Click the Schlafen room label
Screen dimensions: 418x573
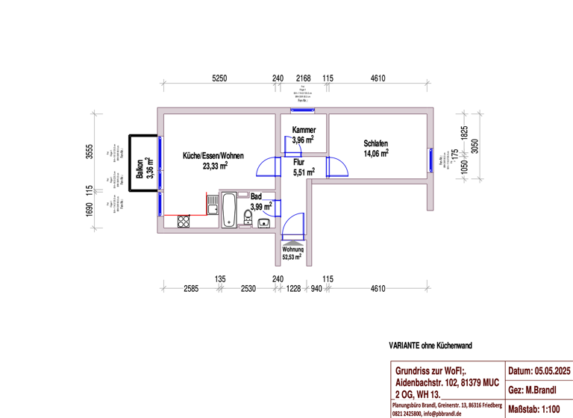point(375,143)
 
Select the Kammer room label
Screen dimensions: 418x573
point(303,130)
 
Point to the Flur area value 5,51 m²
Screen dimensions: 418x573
point(303,172)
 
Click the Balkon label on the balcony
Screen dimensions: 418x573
point(140,170)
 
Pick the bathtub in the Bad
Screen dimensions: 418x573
point(229,210)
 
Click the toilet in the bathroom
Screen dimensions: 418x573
point(247,217)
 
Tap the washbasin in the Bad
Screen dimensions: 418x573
point(263,222)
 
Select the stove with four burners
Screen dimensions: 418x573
point(184,221)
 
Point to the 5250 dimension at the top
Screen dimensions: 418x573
point(219,78)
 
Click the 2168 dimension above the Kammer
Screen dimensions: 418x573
point(303,78)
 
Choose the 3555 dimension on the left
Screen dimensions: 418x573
point(89,152)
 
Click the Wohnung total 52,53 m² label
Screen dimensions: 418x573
point(292,253)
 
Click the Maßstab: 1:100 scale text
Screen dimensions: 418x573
point(538,409)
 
